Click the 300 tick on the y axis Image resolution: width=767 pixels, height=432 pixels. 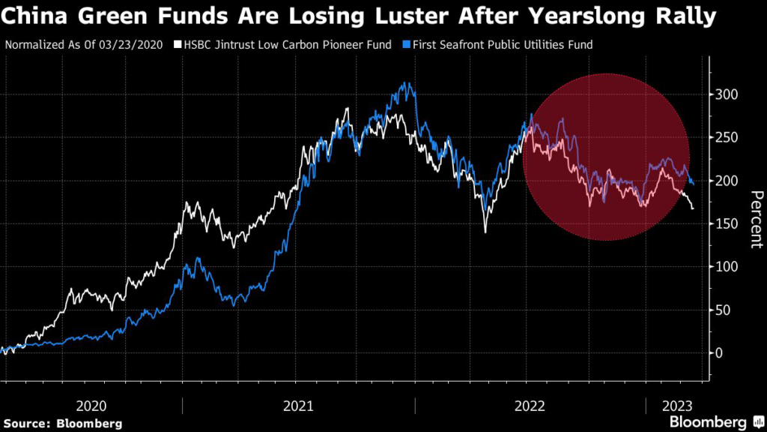725,94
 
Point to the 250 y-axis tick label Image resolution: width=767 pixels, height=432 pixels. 725,138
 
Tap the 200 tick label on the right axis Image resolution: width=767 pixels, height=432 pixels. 725,181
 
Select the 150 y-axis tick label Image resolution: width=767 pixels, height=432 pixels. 725,224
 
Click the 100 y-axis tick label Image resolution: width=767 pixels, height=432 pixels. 725,267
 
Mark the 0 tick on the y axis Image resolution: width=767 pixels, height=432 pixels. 719,352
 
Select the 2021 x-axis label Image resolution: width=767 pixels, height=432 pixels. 298,406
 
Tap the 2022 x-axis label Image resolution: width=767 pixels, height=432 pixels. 530,406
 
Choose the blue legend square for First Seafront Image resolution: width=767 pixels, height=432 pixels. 401,45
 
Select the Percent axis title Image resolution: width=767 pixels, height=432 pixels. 757,220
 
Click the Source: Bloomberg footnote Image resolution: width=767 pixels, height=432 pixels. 62,423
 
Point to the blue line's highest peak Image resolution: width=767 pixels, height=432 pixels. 406,84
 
